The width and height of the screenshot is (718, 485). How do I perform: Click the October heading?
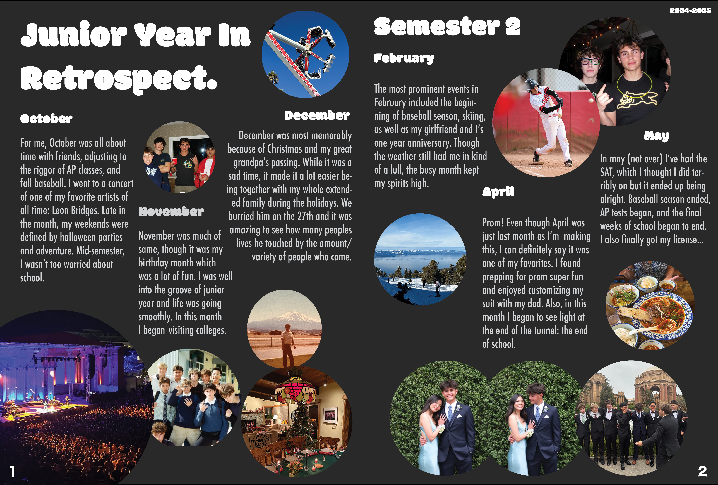pyautogui.click(x=46, y=119)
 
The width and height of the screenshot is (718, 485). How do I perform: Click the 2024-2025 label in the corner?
pyautogui.click(x=690, y=11)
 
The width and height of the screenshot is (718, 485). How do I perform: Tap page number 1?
pyautogui.click(x=12, y=471)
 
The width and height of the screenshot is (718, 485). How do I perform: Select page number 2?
pyautogui.click(x=702, y=471)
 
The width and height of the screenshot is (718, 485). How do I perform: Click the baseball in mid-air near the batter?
pyautogui.click(x=591, y=100)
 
